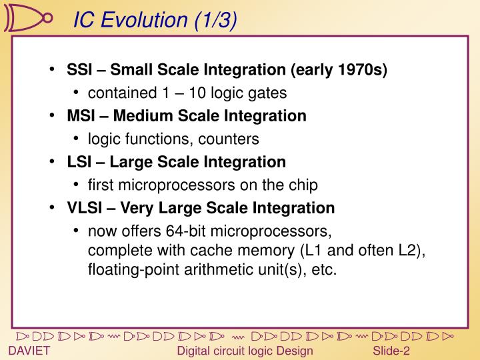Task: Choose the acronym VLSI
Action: click(83, 208)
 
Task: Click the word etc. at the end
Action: click(325, 270)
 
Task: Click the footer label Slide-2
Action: click(391, 351)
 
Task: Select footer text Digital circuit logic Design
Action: click(244, 351)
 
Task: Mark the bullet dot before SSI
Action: click(52, 70)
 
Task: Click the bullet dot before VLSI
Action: click(52, 208)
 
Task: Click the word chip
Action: click(303, 185)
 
